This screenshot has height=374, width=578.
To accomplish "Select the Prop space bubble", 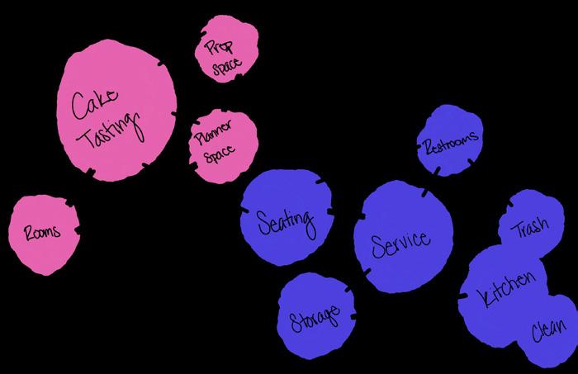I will [226, 51].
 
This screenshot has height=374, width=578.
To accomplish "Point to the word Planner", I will [212, 132].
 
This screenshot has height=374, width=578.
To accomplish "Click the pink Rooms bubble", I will [43, 234].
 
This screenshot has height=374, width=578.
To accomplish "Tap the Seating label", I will [285, 221].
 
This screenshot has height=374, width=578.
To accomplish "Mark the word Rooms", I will [41, 233].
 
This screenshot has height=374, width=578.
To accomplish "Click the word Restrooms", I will [450, 144].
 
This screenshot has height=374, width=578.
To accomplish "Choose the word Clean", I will [548, 333].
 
